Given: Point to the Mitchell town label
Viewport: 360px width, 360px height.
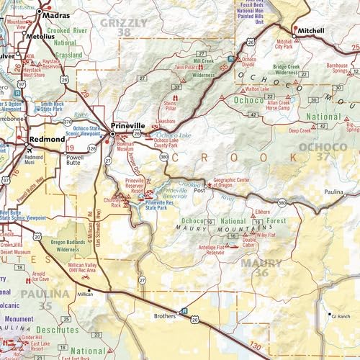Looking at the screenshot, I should [311, 32].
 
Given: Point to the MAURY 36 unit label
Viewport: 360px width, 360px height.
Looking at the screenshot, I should [262, 268].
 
